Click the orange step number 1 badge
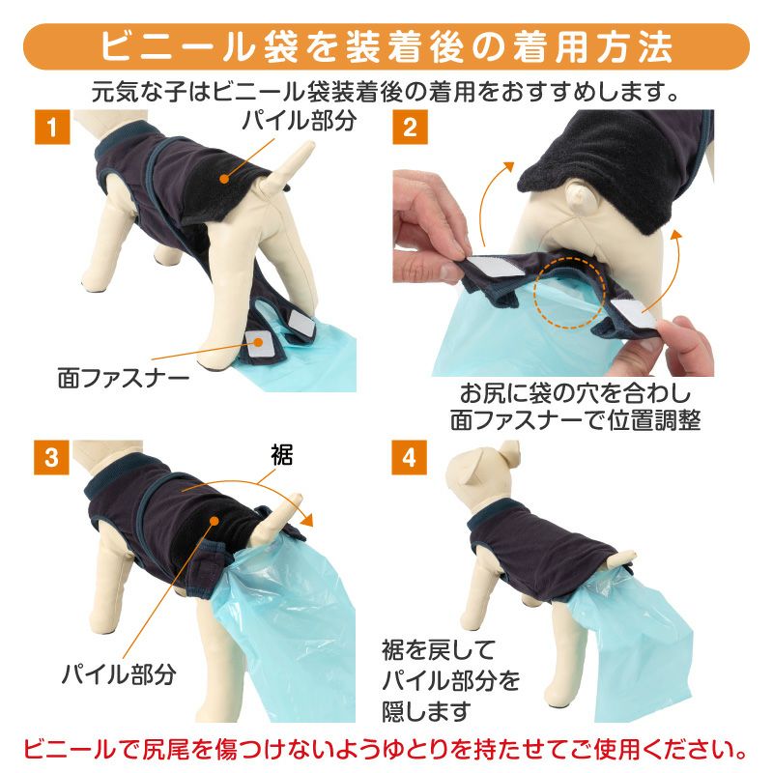pos(52,127)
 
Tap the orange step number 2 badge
pos(410,127)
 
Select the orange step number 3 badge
pos(51,457)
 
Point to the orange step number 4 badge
pos(409,457)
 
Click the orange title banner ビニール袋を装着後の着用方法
pos(386,46)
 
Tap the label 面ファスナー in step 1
pos(124,379)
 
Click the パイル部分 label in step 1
pos(300,121)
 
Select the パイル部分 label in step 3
pos(119,673)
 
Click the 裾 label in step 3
pos(282,454)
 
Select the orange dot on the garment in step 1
pos(224,179)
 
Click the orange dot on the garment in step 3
pos(214,521)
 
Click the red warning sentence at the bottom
pos(386,750)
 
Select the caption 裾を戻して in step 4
pos(438,650)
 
